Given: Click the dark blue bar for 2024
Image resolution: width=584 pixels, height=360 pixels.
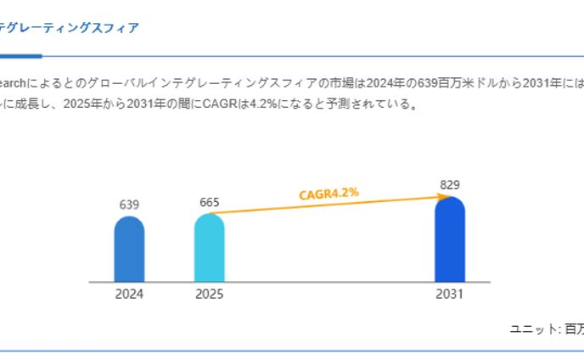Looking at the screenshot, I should pyautogui.click(x=129, y=250).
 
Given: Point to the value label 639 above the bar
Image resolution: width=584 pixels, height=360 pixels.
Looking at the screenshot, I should pyautogui.click(x=129, y=205).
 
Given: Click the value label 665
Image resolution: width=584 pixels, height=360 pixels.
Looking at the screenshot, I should pyautogui.click(x=209, y=202).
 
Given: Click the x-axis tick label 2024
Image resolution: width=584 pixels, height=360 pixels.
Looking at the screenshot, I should pyautogui.click(x=129, y=295).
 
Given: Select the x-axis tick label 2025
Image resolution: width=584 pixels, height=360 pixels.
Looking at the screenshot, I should pyautogui.click(x=209, y=295).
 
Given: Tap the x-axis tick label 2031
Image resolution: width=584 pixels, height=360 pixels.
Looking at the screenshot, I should pyautogui.click(x=449, y=295).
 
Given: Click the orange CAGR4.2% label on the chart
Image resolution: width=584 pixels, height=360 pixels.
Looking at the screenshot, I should pyautogui.click(x=328, y=194).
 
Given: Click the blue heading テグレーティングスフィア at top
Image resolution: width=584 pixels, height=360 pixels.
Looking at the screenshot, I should pyautogui.click(x=70, y=28).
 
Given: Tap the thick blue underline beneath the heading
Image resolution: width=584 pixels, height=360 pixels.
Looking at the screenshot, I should pyautogui.click(x=20, y=57).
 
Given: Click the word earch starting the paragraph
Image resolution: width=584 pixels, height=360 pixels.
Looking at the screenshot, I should pyautogui.click(x=14, y=83).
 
